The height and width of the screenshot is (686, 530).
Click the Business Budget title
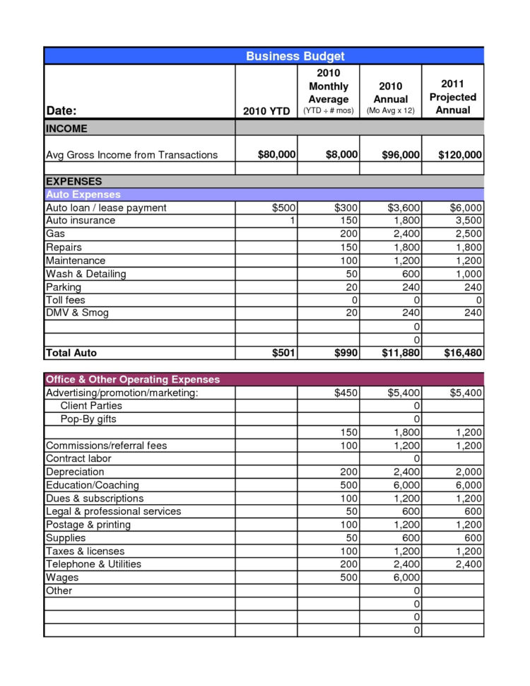pos(295,56)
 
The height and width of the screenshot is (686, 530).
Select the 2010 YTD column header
pos(266,110)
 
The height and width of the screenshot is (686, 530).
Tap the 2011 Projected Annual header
pos(452,97)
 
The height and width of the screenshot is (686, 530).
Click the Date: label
pos(61,110)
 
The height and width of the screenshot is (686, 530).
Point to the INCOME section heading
pos(66,128)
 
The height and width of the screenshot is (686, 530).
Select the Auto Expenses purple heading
pos(83,194)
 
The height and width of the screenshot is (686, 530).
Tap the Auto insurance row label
pos(80,221)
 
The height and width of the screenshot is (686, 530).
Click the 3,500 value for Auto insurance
pos(466,221)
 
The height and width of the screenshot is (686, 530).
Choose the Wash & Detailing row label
pos(86,274)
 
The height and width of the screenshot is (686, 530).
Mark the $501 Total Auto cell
pos(283,353)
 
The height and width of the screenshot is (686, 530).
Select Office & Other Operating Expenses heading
pos(132,379)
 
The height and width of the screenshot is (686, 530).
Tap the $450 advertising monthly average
pos(347,393)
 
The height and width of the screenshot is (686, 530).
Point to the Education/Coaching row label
pos(92,485)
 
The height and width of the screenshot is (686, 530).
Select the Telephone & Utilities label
pos(93,564)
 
